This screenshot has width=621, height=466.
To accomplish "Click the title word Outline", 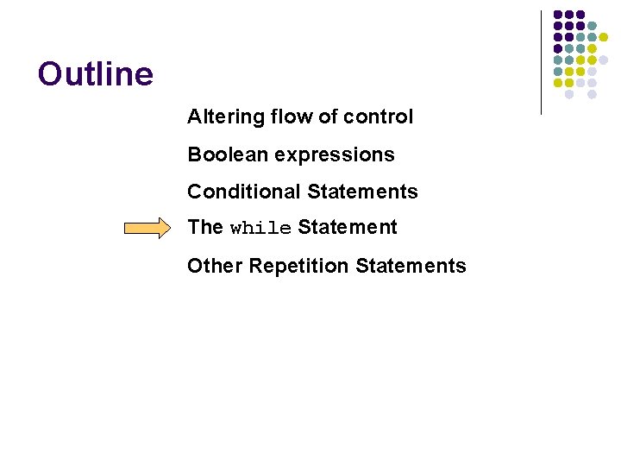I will pos(96,74).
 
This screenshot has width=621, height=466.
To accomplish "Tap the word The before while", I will pos(205,228).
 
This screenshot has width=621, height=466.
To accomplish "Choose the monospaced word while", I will pos(260,229).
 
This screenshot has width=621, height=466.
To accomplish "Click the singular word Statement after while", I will pos(348,228).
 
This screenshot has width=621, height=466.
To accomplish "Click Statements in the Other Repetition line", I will pos(411,266).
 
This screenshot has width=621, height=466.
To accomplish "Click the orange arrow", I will pos(147,229).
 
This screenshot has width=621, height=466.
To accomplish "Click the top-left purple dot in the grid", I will pos(558,15).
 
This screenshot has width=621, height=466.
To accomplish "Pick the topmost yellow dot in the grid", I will pos(604,37).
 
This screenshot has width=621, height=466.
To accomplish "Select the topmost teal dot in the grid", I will pos(592,26).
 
